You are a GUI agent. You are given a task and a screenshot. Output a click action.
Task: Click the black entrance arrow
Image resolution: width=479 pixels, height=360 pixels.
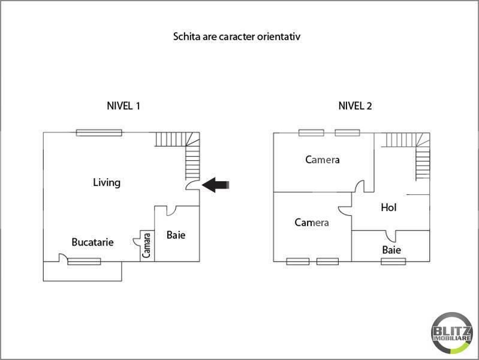coord(216,185)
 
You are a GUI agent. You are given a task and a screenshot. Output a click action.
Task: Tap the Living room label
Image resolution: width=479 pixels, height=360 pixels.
coord(107,182)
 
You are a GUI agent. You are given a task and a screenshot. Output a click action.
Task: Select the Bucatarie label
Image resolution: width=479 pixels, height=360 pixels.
coord(92,242)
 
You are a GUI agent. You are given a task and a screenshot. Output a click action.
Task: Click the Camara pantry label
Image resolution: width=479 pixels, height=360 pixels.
coord(147,245)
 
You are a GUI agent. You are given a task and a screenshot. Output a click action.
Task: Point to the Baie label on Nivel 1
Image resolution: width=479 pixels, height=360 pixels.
coord(176,235)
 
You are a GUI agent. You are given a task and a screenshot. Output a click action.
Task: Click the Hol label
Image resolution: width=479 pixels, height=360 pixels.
coord(389,208)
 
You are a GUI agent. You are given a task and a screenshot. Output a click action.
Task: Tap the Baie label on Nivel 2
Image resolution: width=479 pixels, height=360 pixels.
coord(391,250)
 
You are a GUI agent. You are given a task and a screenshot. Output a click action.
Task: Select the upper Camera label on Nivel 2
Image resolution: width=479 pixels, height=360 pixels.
coord(322,160)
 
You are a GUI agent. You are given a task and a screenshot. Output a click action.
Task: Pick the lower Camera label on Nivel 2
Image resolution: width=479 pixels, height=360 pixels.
coord(312,223)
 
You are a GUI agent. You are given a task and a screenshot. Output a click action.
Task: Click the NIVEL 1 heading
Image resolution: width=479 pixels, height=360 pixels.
coord(123,106)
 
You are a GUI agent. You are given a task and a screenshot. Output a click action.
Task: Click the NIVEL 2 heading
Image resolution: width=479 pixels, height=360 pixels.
coord(355,106)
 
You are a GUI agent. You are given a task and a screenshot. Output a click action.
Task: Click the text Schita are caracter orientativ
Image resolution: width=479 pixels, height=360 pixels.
coord(236,36)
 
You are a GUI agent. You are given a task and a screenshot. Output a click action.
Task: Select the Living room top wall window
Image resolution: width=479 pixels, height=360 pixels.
coord(99,133)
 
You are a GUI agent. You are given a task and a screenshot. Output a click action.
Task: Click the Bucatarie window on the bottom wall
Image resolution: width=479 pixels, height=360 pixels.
coord(84,261)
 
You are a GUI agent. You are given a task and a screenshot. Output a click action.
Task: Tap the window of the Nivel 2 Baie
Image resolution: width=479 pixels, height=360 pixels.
coord(393,261)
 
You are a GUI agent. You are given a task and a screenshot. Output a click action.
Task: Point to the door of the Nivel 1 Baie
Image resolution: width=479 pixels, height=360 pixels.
coord(170,211)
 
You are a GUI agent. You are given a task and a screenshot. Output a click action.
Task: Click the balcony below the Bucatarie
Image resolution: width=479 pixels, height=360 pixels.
coord(82,271)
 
